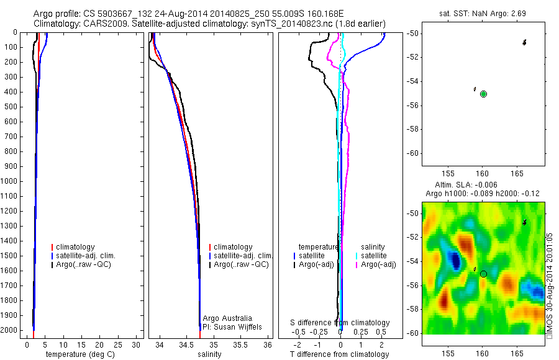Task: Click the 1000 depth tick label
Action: [10, 181]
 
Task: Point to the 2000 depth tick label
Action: [10, 330]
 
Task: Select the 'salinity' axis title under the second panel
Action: [209, 354]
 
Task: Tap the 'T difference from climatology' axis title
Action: [340, 354]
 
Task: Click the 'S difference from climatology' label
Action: [340, 323]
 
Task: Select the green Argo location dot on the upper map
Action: [483, 94]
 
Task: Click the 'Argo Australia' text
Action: [227, 318]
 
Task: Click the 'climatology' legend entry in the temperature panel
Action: [75, 247]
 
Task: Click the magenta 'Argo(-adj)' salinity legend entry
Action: [378, 264]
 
